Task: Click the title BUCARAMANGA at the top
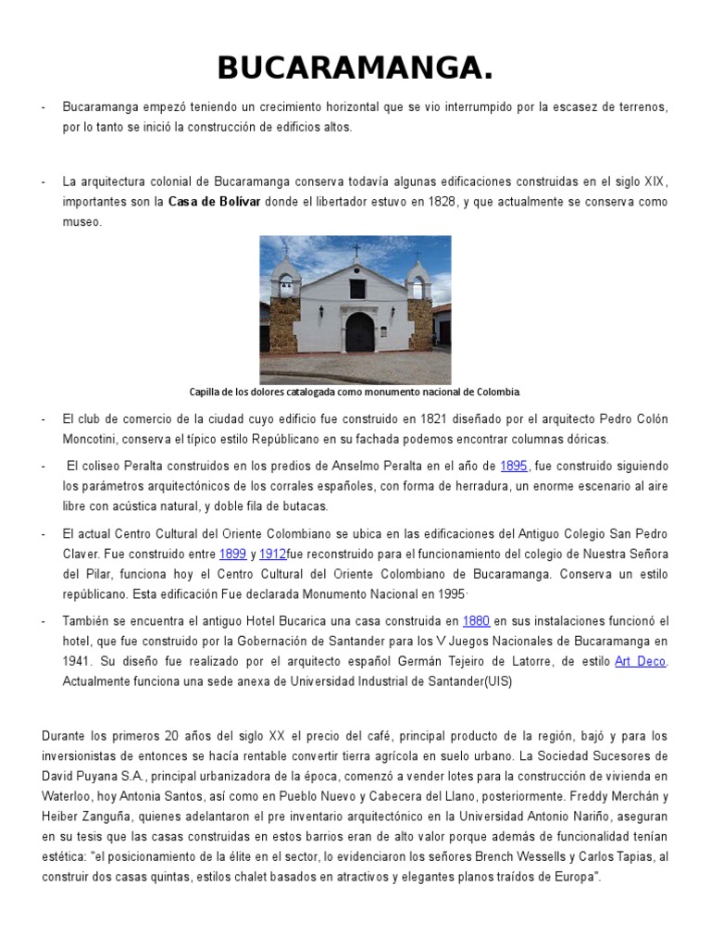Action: pos(355,68)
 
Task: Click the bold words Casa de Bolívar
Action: pos(214,202)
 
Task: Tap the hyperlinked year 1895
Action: pos(514,466)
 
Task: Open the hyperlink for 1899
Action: pos(232,554)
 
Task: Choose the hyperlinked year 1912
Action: pos(272,554)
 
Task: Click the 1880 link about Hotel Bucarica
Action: pos(476,620)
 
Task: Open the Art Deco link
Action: pos(640,661)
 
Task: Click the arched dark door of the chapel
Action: pos(359,331)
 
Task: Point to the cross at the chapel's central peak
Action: pos(355,251)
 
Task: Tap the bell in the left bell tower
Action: pos(286,281)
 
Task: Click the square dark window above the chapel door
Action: pos(356,289)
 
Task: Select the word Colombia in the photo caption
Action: pos(496,392)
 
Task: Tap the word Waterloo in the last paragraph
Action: pos(69,796)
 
